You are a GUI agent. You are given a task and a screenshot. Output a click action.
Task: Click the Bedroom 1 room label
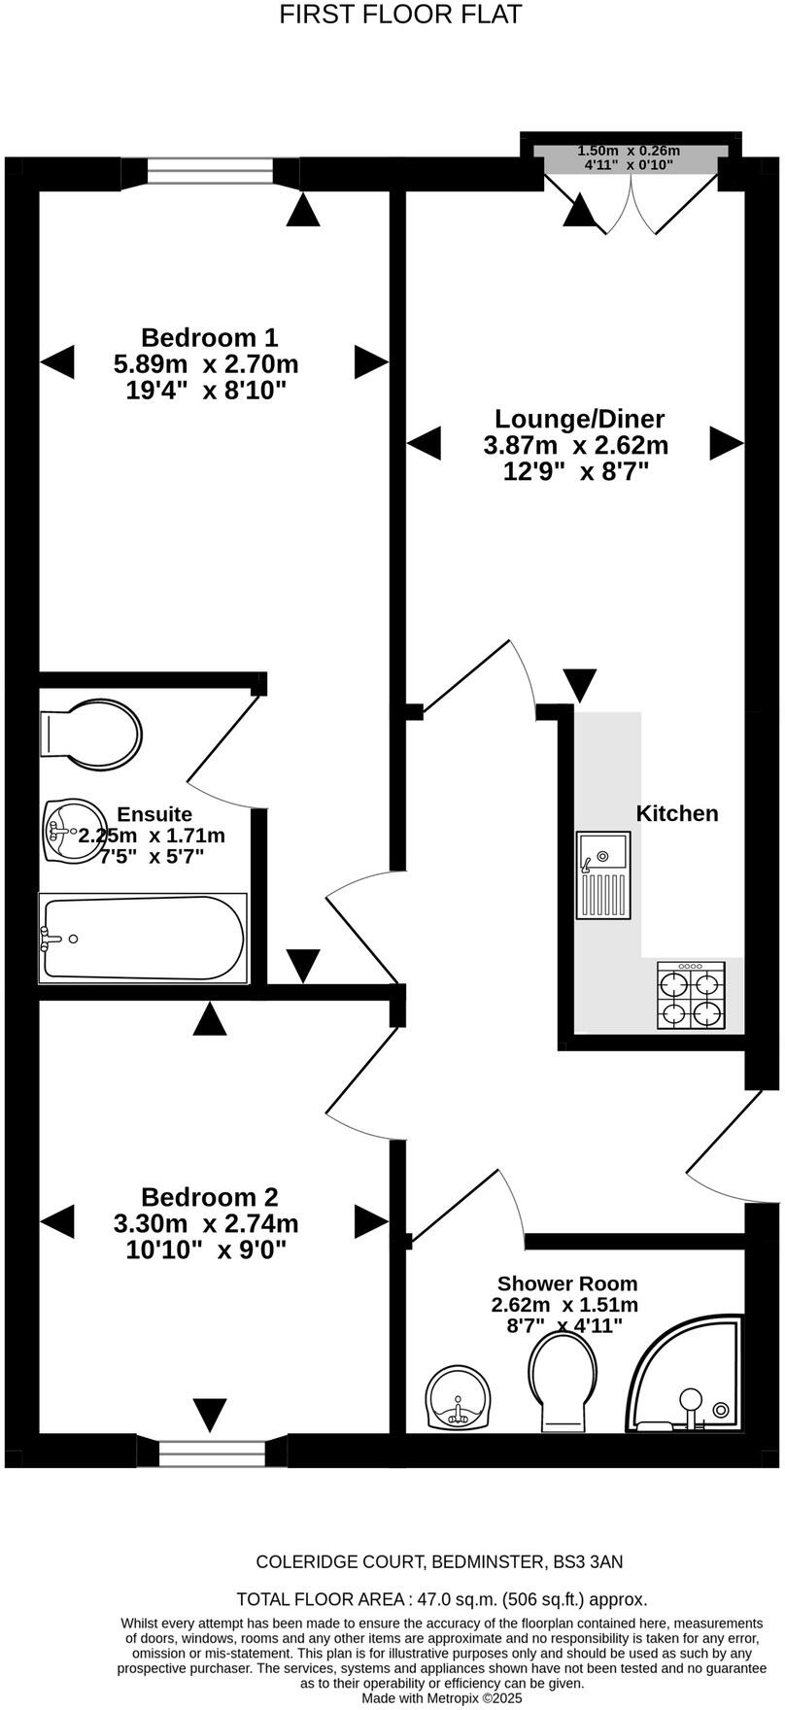click(x=209, y=337)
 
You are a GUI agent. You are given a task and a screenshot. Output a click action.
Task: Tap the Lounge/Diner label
click(x=579, y=419)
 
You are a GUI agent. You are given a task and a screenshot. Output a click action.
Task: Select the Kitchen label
click(x=677, y=813)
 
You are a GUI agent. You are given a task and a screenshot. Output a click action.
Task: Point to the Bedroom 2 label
click(x=209, y=1197)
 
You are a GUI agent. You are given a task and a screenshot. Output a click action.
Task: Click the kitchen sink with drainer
click(x=603, y=874)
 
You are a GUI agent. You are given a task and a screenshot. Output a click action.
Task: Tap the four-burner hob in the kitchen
click(x=692, y=995)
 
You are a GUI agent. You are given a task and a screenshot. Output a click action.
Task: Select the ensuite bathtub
click(x=142, y=938)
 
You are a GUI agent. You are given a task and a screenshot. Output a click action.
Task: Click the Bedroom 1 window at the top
click(x=211, y=171)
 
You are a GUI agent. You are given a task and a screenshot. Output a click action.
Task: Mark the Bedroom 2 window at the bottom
click(x=212, y=1453)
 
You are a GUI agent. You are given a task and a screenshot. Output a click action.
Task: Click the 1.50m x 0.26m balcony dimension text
click(x=629, y=151)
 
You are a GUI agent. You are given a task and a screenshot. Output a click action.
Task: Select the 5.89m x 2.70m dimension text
click(x=206, y=364)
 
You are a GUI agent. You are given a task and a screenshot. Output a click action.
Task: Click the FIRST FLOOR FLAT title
click(x=400, y=15)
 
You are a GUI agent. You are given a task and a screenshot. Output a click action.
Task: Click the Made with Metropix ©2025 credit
click(x=442, y=1698)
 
